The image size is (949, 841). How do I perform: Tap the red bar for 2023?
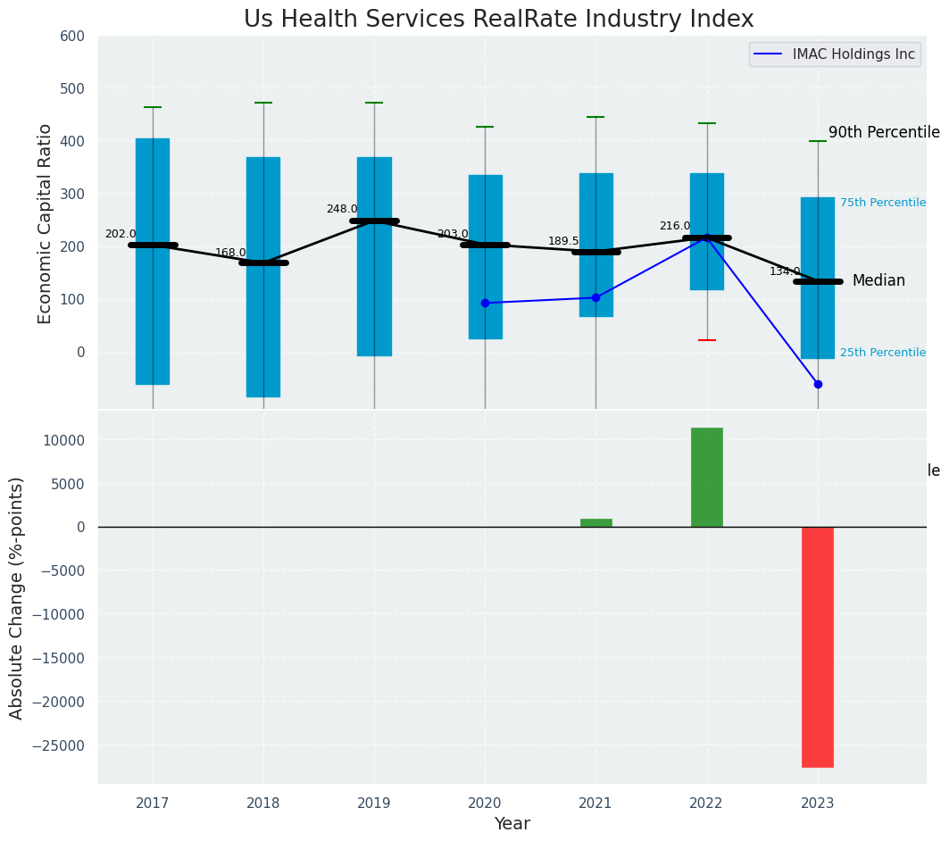pos(817,646)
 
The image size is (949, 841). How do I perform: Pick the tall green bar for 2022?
pos(706,477)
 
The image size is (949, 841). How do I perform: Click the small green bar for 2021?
pos(595,522)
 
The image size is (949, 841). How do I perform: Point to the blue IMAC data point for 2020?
pos(485,303)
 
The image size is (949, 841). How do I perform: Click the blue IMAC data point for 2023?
pos(818,384)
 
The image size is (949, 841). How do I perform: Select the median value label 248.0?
pos(341,209)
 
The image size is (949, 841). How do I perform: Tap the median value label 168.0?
pos(230,253)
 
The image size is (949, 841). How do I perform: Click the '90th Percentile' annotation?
pos(884,132)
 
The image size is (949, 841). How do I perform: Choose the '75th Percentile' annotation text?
pos(883,203)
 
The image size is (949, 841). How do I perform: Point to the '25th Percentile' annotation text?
pos(883,353)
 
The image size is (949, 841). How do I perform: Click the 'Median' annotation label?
pos(878,281)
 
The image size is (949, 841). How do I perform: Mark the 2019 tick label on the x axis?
pos(374,803)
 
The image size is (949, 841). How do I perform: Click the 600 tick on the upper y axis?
pos(72,36)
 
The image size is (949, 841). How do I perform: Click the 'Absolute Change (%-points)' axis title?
pos(17,597)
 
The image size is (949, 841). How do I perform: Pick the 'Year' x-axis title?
pos(512,824)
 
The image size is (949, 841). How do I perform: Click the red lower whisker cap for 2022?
pos(706,340)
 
